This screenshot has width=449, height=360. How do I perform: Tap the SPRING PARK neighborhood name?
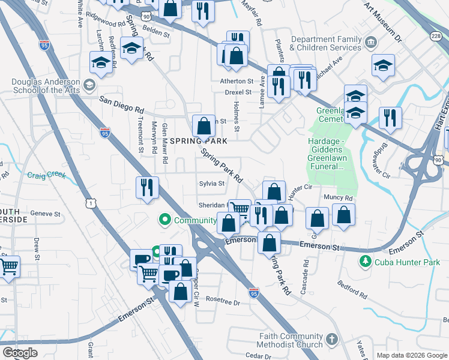pyautogui.click(x=199, y=140)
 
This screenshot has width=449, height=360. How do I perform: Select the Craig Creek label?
pyautogui.click(x=47, y=175)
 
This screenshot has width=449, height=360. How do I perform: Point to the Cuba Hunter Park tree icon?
pyautogui.click(x=364, y=262)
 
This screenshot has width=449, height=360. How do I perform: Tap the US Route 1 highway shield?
pyautogui.click(x=91, y=205)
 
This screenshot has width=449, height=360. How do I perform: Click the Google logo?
pyautogui.click(x=20, y=353)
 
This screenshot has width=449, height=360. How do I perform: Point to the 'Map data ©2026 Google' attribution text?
pyautogui.click(x=411, y=355)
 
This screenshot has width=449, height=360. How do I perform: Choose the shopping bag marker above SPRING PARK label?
pyautogui.click(x=204, y=127)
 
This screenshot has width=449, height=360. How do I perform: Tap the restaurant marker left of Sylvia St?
pyautogui.click(x=146, y=188)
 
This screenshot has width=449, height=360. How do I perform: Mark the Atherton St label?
pyautogui.click(x=237, y=81)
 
